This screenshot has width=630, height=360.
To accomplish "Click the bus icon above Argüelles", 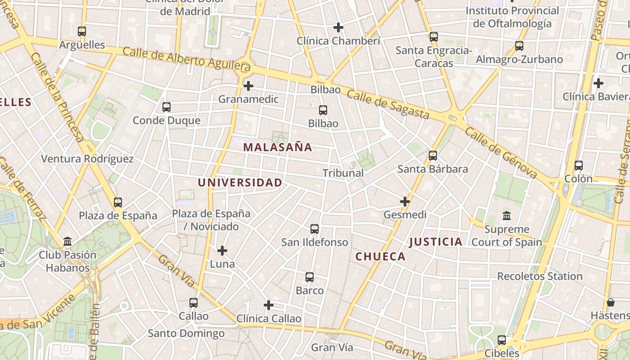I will [81, 31].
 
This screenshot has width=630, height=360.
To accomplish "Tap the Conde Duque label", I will [166, 121].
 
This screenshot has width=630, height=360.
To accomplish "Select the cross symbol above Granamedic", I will [248, 85].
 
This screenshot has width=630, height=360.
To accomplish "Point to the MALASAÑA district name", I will [278, 147].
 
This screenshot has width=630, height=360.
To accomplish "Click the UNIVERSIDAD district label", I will [240, 183].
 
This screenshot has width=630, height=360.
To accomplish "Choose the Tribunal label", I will [343, 173].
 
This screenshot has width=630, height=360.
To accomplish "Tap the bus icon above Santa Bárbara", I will [433, 156].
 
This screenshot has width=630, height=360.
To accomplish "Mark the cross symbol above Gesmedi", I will [405, 202].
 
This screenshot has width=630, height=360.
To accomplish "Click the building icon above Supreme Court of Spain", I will [507, 216].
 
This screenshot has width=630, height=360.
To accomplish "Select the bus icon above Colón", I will [579, 166].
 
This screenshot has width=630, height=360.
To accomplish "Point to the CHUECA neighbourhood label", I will [381, 256].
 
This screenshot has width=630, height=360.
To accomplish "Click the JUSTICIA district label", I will [436, 242].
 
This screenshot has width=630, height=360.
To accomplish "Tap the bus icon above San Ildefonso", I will [315, 229].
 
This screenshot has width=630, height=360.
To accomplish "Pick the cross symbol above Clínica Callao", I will [269, 305].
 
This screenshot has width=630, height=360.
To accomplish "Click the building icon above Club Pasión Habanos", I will [67, 242].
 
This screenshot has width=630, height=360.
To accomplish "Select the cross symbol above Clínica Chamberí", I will [338, 27].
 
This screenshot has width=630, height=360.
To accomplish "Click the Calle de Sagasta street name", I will [388, 105].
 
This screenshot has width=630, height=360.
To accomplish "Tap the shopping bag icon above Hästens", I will [611, 302].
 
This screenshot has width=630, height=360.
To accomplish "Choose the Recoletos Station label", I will [540, 276].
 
